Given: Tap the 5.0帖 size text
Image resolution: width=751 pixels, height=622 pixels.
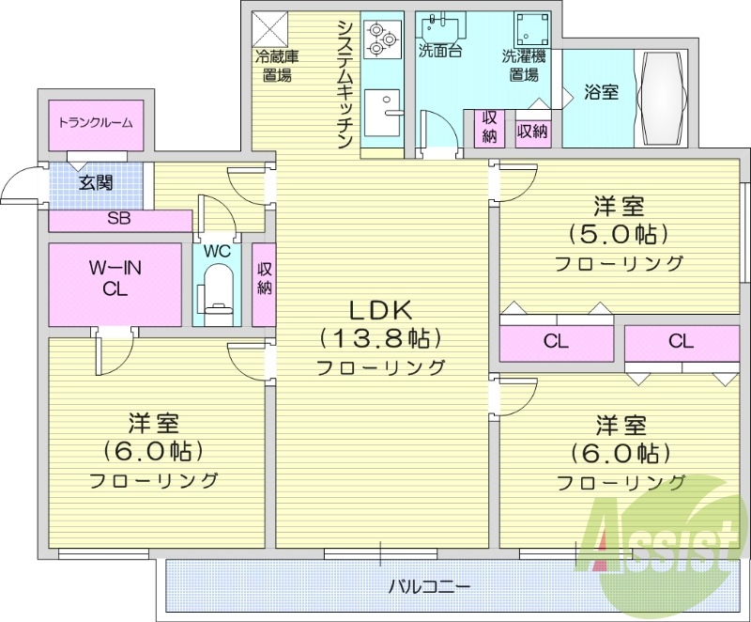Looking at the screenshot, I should tap(617, 233).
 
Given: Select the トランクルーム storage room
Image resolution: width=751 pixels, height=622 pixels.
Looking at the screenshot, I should tap(95, 122).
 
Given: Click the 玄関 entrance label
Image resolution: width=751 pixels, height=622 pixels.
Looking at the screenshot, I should tap(94, 183).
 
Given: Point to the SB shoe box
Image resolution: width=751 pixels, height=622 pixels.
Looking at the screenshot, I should tap(118, 221).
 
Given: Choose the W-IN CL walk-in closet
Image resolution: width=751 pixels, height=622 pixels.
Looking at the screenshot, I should tap(115, 279).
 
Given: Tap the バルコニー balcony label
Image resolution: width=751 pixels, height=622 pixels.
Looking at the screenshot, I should tap(430, 586).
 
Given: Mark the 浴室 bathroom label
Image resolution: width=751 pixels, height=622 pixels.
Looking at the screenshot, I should tap(601, 94).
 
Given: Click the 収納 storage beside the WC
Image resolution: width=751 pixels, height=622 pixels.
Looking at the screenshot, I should tap(264, 279).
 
